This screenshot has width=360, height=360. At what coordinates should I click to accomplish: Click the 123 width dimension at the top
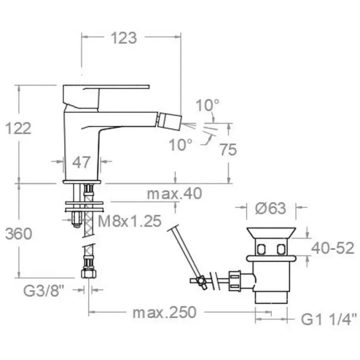(124, 38)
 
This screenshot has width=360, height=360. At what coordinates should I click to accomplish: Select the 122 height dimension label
(18, 128)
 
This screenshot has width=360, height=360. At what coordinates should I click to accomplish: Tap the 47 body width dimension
(81, 162)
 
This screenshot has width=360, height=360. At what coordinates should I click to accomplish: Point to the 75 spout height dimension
(228, 149)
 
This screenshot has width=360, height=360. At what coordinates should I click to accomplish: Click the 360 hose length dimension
(18, 234)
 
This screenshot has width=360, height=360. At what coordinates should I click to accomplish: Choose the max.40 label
(175, 193)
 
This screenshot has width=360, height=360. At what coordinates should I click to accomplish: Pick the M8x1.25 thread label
(130, 221)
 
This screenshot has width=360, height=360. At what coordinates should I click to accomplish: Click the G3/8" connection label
(43, 291)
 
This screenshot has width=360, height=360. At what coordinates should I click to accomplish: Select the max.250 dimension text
(165, 312)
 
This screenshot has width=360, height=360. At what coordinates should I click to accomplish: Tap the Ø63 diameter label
(271, 208)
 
